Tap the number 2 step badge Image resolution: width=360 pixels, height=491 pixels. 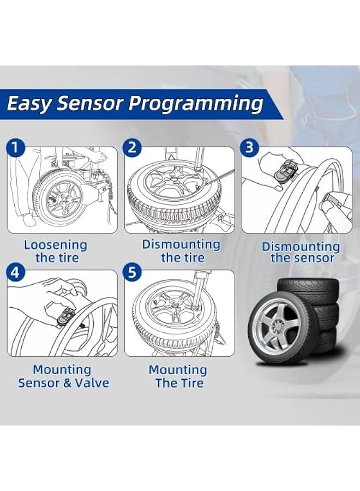tap(132, 148)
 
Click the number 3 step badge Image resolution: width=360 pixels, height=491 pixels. tap(249, 148)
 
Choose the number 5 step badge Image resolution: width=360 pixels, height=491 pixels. tap(132, 272)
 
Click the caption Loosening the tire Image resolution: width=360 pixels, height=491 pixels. tap(55, 252)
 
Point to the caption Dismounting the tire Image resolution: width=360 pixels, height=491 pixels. tap(182, 251)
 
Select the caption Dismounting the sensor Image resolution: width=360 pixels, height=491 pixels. tap(301, 252)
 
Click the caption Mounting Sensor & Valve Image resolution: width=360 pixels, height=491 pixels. tap(63, 376)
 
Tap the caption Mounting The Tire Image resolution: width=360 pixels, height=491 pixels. tap(178, 376)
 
